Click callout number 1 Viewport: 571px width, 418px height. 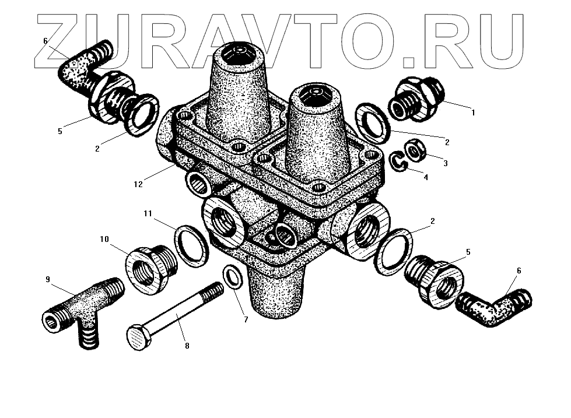(473, 113)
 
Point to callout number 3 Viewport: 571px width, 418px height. (445, 163)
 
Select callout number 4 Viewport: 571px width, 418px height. (426, 177)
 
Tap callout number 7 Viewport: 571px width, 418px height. (246, 319)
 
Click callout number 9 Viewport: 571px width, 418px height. (48, 279)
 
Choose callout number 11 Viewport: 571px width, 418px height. (148, 214)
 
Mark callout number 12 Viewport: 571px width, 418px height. (138, 184)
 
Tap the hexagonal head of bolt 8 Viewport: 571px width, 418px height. (138, 338)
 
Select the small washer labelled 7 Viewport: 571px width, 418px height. (232, 276)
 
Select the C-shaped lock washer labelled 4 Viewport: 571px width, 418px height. (398, 161)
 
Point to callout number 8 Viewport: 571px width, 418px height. (187, 346)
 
